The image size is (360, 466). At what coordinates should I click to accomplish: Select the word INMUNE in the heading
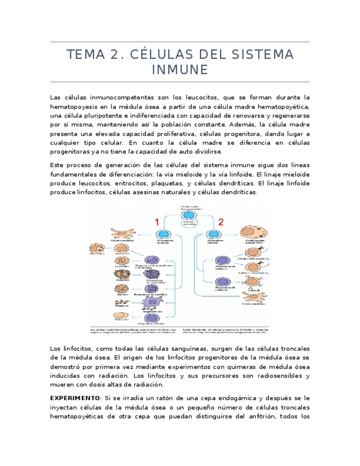click(x=180, y=70)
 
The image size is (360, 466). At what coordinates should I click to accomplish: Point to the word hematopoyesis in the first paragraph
click(x=73, y=106)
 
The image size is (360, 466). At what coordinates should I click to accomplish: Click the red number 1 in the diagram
click(x=157, y=222)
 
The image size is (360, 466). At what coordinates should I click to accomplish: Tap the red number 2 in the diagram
click(x=221, y=222)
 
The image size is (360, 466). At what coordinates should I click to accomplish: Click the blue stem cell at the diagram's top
click(x=188, y=217)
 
